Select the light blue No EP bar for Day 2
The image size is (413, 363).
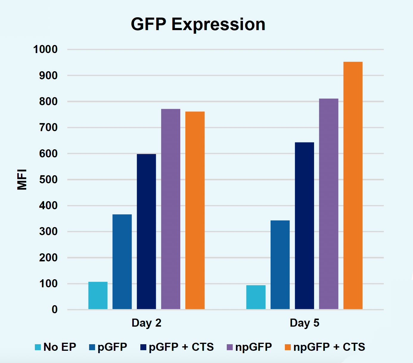point(98,295)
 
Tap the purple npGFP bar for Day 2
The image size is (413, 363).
point(170,209)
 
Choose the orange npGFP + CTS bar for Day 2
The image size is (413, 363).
point(195,210)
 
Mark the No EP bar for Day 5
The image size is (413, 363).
point(256,297)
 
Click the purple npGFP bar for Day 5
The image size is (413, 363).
point(329,204)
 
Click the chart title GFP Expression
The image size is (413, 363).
point(198,24)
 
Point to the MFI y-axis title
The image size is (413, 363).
point(22,179)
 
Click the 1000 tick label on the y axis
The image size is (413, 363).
point(45,49)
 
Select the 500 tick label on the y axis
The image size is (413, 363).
point(48,180)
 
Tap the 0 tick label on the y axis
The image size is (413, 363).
point(54,310)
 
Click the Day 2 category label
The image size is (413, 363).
point(146,323)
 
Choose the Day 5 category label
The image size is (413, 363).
point(304,323)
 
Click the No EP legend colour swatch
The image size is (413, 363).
point(38,347)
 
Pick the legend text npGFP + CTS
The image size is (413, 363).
point(329,347)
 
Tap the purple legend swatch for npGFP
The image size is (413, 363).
point(230,347)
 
